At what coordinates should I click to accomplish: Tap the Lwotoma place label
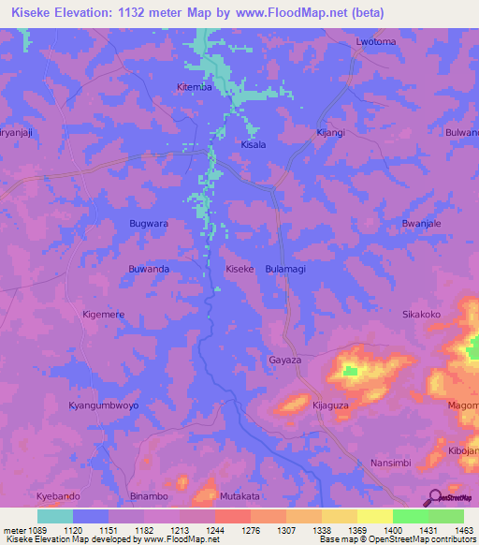376,42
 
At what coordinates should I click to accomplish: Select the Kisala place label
254,145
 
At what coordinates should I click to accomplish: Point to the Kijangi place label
330,133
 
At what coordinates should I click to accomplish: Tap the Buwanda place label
148,269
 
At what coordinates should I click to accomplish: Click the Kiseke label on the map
240,269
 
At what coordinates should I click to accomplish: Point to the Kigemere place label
104,315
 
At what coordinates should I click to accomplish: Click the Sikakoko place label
421,315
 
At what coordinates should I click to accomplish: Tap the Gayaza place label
284,360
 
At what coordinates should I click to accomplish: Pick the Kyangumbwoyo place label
104,405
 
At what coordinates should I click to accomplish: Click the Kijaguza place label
330,405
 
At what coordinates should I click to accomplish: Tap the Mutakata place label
239,495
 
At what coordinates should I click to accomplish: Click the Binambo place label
149,495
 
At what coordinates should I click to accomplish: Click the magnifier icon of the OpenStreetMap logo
433,498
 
